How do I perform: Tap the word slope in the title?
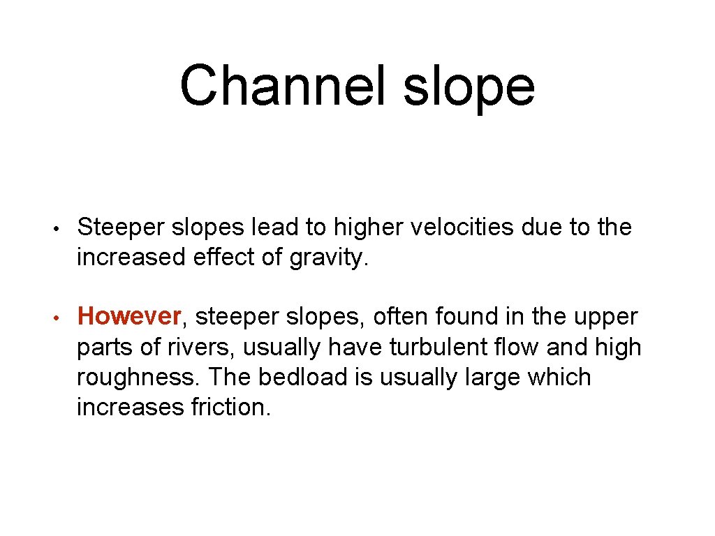coord(469,86)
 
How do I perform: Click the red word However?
coord(129,317)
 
